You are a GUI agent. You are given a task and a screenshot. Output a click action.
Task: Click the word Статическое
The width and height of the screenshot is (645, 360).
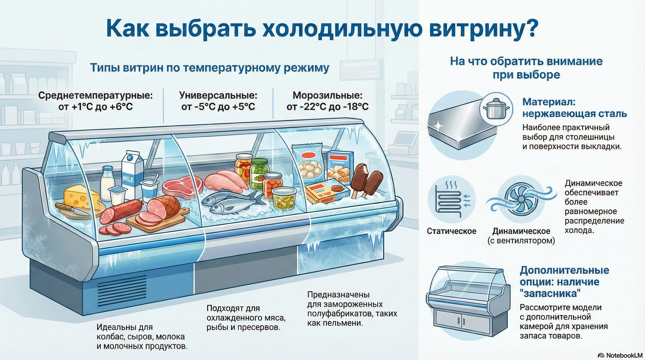[451, 231]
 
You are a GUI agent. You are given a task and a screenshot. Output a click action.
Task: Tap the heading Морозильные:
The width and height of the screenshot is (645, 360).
[327, 95]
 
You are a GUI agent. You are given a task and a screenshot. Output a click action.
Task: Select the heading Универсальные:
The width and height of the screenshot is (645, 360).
[218, 95]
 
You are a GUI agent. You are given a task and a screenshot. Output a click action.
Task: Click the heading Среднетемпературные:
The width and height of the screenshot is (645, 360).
[95, 95]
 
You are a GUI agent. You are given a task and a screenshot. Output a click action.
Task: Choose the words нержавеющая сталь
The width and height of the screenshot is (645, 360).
[574, 114]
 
